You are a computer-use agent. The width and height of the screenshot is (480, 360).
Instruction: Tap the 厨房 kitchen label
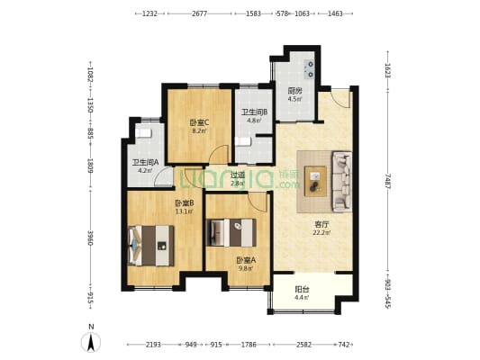[x=294, y=91]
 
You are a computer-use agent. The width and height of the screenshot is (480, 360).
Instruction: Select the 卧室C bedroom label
[x=199, y=122]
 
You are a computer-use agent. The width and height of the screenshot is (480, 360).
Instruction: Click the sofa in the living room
[x=342, y=176]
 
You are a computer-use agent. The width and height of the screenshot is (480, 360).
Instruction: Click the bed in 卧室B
[x=149, y=241]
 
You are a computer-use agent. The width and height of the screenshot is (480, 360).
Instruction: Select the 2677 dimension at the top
[x=200, y=13]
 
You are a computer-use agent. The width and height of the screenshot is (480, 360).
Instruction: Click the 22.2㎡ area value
[x=322, y=232]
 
